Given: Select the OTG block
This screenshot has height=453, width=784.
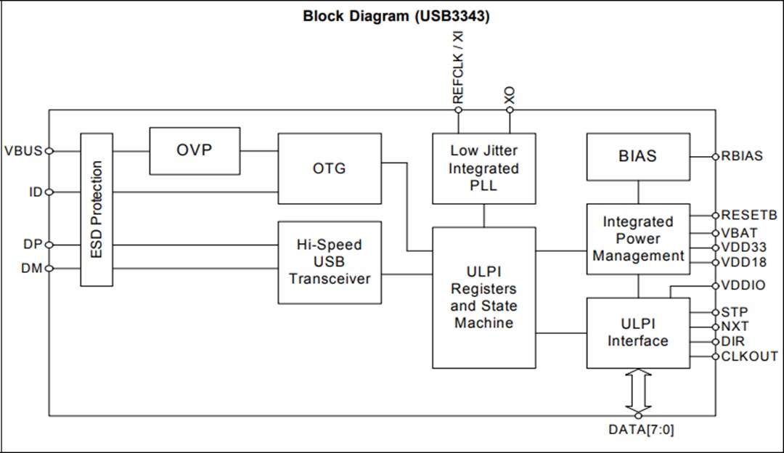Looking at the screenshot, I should (330, 168).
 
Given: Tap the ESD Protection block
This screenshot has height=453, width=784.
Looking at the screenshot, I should (97, 209).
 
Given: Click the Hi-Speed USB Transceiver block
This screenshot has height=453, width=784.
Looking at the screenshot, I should (330, 262).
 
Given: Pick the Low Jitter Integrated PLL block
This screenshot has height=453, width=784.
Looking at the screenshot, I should (484, 168).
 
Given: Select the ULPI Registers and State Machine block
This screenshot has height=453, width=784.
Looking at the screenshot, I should (484, 298).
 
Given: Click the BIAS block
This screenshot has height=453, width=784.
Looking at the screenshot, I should (638, 156).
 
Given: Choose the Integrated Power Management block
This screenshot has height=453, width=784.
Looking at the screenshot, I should (638, 239).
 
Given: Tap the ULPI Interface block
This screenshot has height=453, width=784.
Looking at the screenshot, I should (638, 332).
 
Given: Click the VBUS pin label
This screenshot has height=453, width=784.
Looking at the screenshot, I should (23, 151).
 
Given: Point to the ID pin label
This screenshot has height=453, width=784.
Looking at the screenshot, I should (35, 192).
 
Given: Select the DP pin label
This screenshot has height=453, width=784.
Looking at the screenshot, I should (32, 245).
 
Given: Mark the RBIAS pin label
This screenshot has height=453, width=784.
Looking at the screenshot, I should (742, 156).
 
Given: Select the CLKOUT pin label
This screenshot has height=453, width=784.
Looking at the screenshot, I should (749, 356).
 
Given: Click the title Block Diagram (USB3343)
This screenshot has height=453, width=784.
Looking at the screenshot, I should (396, 16).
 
